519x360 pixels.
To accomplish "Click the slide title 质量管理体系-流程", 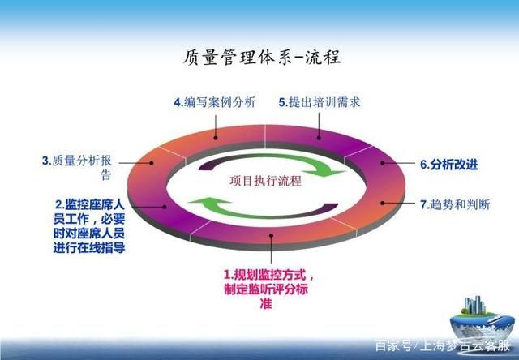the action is tap(262, 58).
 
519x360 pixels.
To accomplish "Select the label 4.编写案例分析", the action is tap(215, 102).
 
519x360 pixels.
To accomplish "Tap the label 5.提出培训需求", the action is tap(319, 102).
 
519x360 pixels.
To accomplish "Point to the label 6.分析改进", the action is tap(448, 165).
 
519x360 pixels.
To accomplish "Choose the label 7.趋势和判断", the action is tap(455, 204).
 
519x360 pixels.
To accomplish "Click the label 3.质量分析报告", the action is tap(77, 168).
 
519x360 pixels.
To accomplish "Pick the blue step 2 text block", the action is tap(89, 226).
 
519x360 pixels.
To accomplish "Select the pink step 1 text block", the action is tap(268, 289).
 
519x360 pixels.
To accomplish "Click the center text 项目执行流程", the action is tap(266, 181).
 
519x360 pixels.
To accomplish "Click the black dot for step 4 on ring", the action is tap(216, 138).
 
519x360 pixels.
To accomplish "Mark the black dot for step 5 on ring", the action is tap(319, 138).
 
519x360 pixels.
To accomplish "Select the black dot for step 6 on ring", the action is tap(383, 163).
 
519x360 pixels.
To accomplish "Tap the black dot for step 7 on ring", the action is tap(383, 203).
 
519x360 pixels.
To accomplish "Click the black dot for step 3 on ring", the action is tap(152, 163).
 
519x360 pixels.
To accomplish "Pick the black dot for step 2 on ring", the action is tap(164, 207).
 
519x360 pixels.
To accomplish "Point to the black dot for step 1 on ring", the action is tap(272, 236).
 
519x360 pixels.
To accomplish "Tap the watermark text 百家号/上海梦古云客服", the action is tap(443, 346).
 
